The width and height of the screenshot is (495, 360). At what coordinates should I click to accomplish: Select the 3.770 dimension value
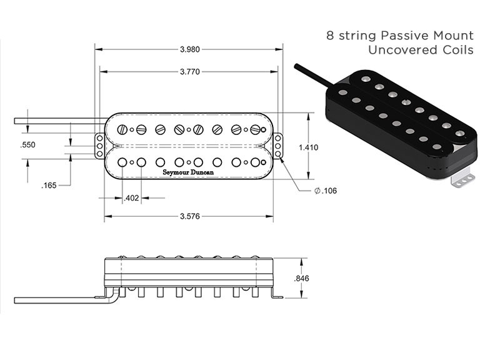coord(189,72)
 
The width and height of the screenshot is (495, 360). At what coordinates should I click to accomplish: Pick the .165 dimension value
coord(49,186)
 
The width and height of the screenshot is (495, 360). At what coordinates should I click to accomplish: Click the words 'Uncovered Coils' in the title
coord(421,50)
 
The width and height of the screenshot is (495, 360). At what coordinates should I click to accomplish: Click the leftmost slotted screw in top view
coord(122,130)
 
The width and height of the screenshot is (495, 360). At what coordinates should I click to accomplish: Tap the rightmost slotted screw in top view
coord(254,130)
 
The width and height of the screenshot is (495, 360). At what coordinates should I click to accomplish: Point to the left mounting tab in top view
coord(99,146)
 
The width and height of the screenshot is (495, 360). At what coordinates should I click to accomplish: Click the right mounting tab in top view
coord(277,146)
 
